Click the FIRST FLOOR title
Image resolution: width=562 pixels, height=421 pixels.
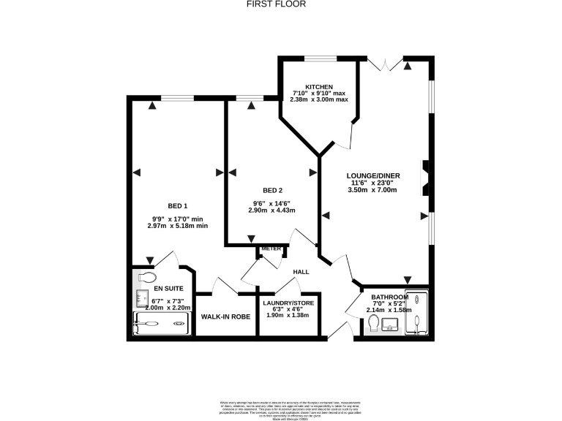pos(281,4)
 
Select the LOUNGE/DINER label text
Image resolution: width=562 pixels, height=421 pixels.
pos(373,175)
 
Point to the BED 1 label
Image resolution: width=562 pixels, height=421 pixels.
pos(178,205)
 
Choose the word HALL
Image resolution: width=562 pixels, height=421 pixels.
pos(301,272)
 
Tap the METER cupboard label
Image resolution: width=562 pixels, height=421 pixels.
pos(271,249)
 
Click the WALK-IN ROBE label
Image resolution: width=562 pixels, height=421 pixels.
pos(226,317)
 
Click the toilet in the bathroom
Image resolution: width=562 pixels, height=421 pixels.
pos(374,323)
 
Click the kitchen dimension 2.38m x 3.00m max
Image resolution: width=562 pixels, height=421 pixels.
pos(319,99)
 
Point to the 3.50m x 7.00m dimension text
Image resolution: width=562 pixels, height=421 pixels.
pos(372,190)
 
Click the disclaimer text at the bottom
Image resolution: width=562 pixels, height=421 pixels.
pos(281,406)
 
